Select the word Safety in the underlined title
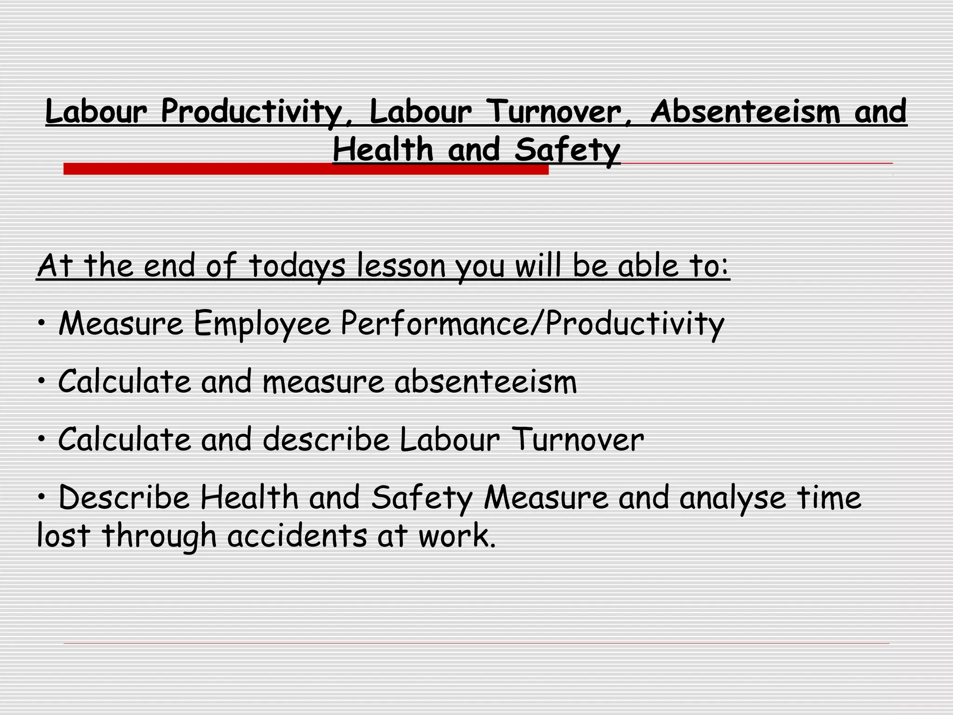point(567,150)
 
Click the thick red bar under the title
point(306,169)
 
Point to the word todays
point(297,266)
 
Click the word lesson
point(401,266)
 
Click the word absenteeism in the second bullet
point(485,382)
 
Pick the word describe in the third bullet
point(326,440)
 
